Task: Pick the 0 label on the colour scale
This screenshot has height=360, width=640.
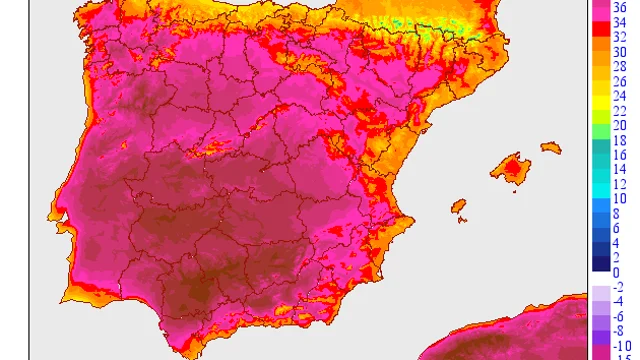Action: [x=616, y=273]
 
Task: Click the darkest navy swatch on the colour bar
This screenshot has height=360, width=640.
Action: [x=598, y=264]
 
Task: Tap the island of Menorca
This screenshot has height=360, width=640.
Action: [x=551, y=148]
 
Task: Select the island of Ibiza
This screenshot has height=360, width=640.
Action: [x=459, y=208]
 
